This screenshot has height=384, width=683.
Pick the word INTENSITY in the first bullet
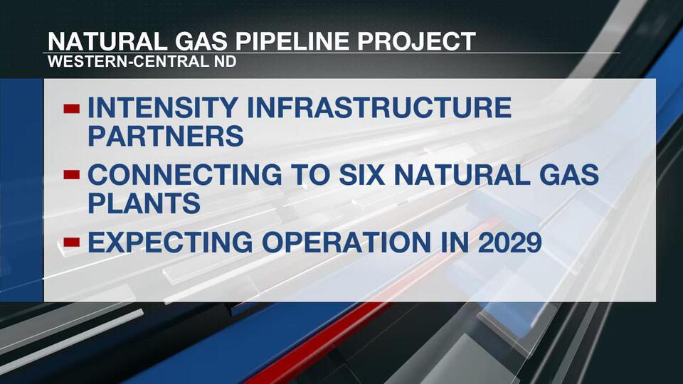pyautogui.click(x=156, y=108)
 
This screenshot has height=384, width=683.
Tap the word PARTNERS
pyautogui.click(x=166, y=136)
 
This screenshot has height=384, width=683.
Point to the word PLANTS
pyautogui.click(x=143, y=203)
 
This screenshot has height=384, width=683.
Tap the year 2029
pyautogui.click(x=506, y=242)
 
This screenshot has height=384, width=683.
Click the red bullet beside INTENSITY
pyautogui.click(x=72, y=109)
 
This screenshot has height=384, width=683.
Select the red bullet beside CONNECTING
pyautogui.click(x=72, y=175)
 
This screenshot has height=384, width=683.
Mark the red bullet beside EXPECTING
pyautogui.click(x=72, y=242)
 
